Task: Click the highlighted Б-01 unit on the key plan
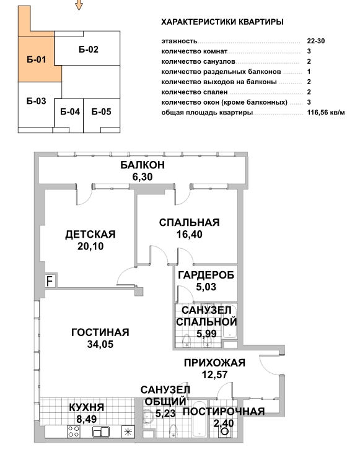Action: click(x=37, y=59)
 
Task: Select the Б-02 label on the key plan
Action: click(x=89, y=50)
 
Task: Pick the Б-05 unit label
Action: click(x=102, y=111)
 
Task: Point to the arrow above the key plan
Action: click(x=79, y=5)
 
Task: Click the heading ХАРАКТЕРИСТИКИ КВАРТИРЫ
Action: click(x=222, y=22)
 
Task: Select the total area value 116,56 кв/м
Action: click(x=326, y=113)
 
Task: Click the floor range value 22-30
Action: click(x=316, y=41)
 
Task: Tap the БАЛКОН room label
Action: click(x=143, y=165)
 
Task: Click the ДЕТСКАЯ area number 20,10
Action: click(x=90, y=246)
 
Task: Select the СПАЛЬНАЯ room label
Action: click(x=189, y=223)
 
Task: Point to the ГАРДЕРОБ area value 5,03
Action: click(x=206, y=287)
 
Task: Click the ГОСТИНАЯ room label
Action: click(x=100, y=332)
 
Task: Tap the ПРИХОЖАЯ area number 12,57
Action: click(x=215, y=375)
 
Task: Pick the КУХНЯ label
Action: click(x=87, y=407)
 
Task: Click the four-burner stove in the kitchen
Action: click(x=74, y=431)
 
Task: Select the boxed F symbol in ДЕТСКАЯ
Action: click(x=50, y=281)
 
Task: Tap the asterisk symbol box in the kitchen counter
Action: click(x=128, y=432)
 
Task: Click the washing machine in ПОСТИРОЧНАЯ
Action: click(x=225, y=431)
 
